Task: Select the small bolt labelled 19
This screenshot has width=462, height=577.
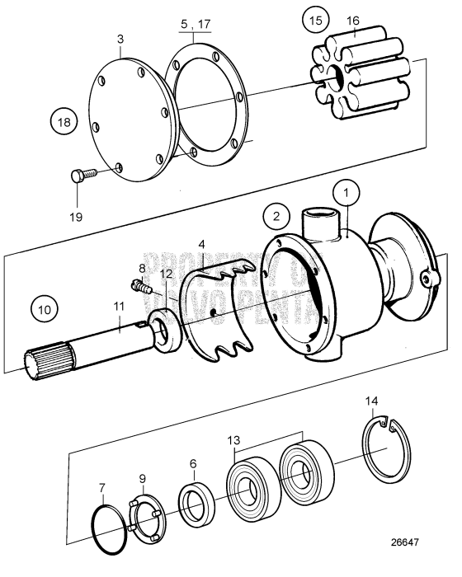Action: [x=79, y=176]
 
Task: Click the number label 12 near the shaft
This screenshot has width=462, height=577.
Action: [x=167, y=273]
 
